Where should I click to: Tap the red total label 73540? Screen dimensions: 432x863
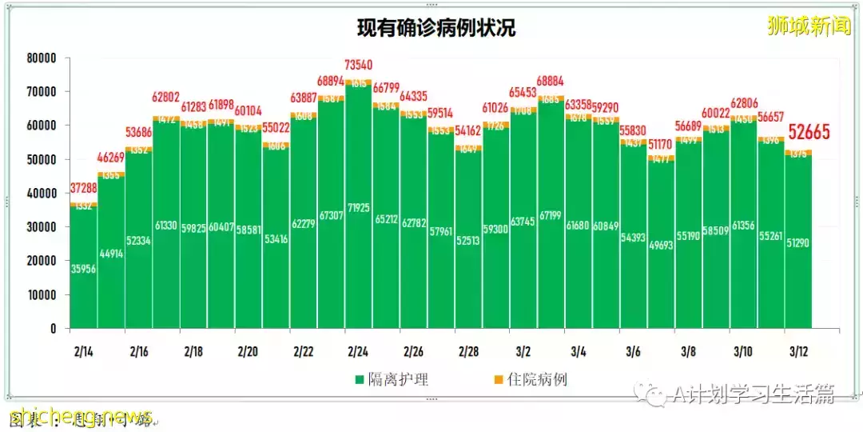(359, 64)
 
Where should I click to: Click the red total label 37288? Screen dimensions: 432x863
(84, 187)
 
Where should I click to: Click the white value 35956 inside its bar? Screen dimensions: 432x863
(84, 270)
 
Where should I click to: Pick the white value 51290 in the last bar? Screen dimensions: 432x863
(798, 242)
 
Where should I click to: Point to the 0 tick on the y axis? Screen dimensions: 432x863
(54, 329)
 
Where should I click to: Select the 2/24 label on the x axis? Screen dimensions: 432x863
(357, 352)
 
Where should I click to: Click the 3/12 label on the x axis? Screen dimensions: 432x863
(797, 352)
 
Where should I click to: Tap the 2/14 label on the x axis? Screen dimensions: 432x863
(82, 352)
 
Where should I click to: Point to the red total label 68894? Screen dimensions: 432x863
(331, 82)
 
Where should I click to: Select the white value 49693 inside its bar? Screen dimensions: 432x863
(661, 244)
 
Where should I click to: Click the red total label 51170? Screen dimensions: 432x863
(661, 144)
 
